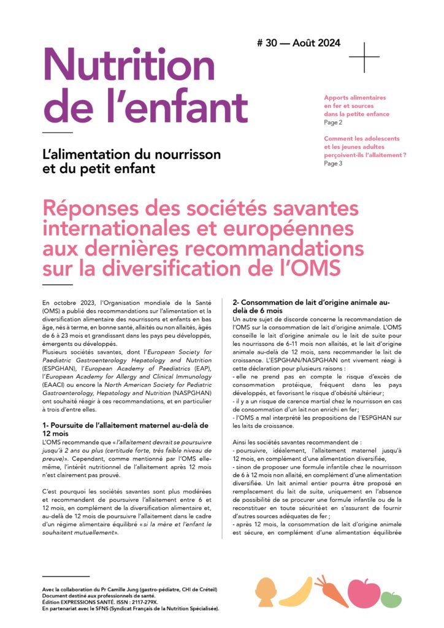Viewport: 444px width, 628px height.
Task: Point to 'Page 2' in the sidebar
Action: [333, 122]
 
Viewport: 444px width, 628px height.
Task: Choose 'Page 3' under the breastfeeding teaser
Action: [333, 164]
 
